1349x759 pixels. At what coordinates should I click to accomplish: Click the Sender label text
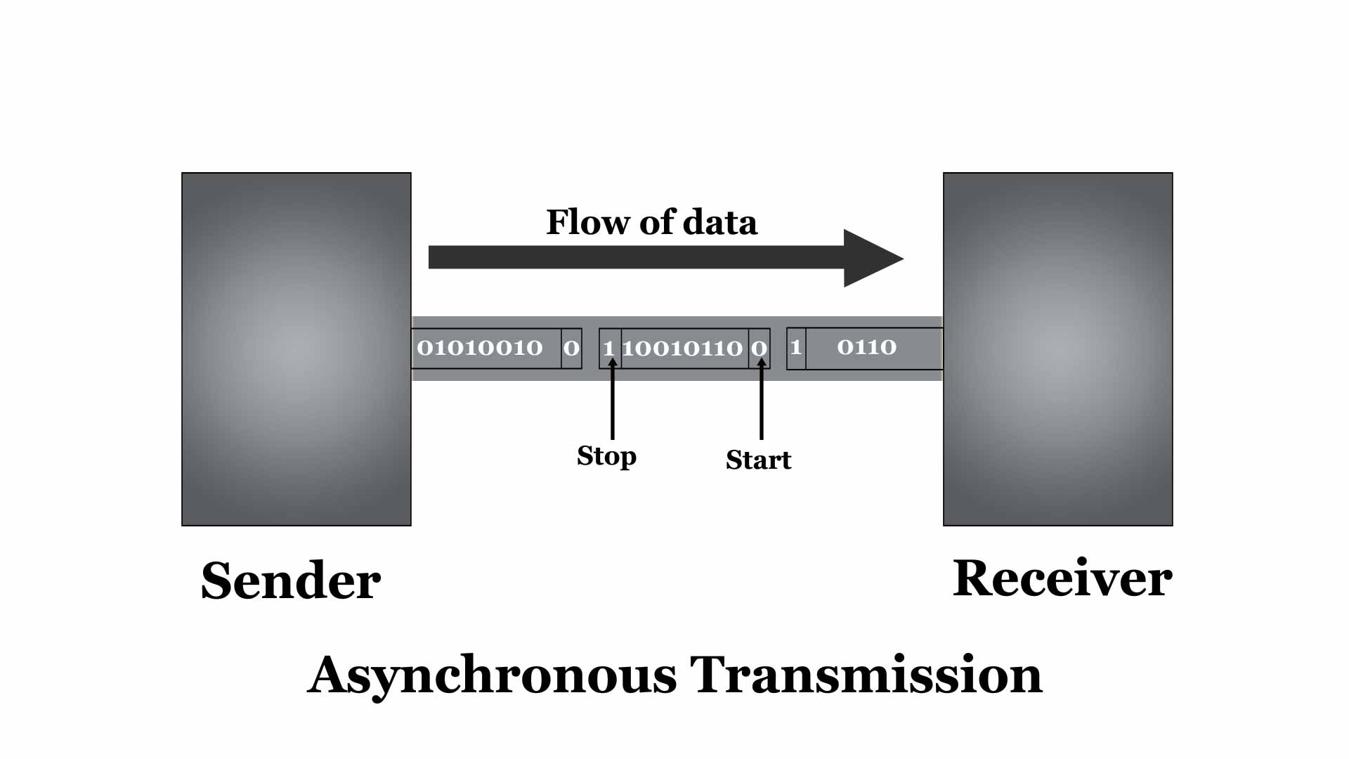(x=291, y=581)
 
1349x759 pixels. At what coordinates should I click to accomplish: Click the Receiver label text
(x=1062, y=579)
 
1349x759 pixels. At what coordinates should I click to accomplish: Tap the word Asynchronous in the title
(x=492, y=675)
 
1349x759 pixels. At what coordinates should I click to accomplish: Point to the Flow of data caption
(x=651, y=222)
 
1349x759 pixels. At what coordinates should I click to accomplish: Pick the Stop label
(x=606, y=456)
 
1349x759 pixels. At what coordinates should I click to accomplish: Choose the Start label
(x=758, y=460)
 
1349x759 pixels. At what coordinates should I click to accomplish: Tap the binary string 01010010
(x=480, y=348)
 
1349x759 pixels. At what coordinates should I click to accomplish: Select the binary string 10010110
(x=682, y=349)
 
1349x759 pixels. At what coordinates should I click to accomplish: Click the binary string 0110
(x=866, y=347)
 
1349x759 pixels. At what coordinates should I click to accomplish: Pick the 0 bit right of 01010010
(x=571, y=348)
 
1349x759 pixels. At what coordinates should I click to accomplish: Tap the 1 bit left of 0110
(x=795, y=347)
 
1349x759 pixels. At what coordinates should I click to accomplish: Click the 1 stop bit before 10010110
(x=608, y=349)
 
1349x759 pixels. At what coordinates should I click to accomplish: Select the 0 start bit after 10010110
(x=759, y=349)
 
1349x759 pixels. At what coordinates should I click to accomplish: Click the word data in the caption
(x=720, y=222)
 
